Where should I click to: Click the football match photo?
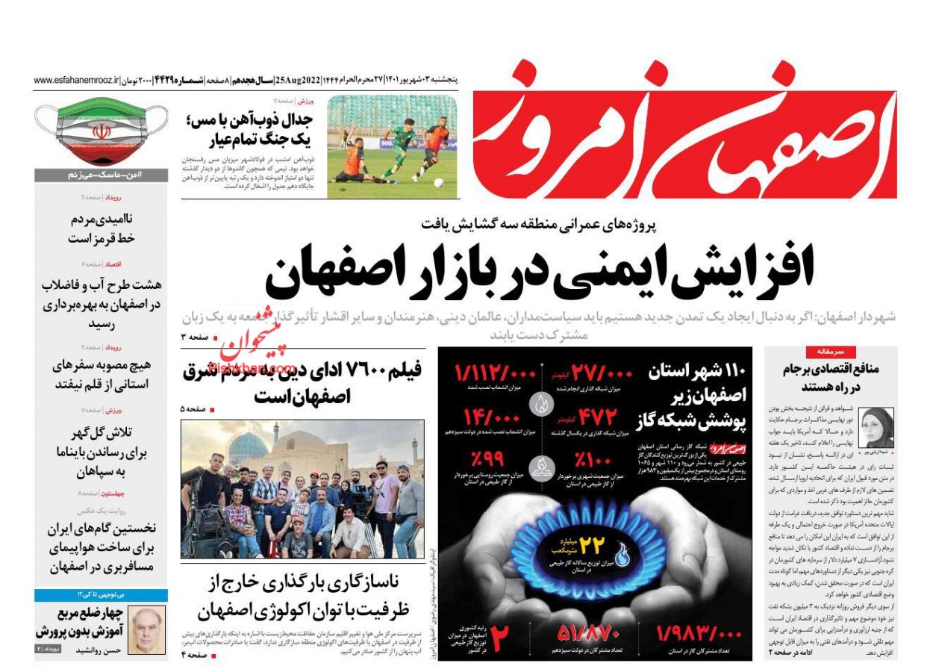pos(392,146)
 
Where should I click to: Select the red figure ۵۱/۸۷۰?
pos(590,634)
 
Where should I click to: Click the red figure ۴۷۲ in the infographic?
pos(595,416)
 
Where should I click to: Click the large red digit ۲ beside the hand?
pos(499,637)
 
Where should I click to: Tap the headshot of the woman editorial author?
pos(876,427)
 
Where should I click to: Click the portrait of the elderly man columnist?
pos(146,629)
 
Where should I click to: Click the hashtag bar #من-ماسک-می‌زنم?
pos(101,175)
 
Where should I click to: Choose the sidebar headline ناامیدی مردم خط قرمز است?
pos(101,228)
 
